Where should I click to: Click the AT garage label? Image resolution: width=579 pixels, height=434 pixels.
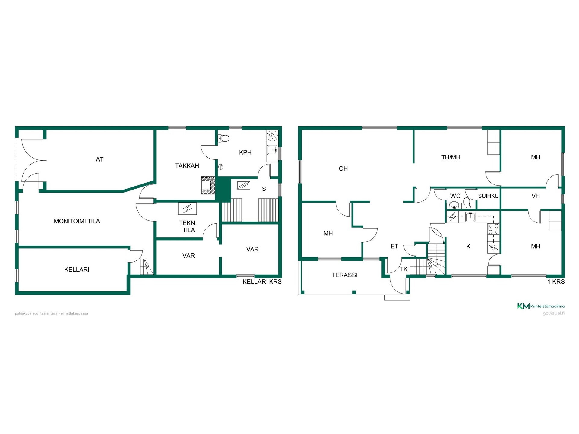tap(100, 159)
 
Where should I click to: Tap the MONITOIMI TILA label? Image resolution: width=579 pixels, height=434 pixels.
tap(77, 221)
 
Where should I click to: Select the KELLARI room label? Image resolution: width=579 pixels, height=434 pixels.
tap(77, 270)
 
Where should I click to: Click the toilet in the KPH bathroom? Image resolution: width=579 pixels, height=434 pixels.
tap(224, 138)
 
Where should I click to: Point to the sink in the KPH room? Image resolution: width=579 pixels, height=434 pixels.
tap(272, 150)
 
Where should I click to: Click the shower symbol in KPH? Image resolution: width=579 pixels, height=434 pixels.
tap(221, 166)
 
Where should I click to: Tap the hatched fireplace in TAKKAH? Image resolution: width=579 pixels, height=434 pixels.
tap(208, 185)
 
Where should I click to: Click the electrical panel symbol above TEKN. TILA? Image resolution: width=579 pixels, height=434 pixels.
tap(187, 208)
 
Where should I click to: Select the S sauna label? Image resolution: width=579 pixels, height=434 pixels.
tap(264, 189)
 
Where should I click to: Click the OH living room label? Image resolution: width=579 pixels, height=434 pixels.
tap(343, 169)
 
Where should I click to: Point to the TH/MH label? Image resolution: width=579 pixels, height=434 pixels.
tap(451, 157)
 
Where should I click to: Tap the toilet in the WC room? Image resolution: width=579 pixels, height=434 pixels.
tap(467, 203)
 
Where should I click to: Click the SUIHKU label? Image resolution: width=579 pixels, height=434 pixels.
tap(488, 196)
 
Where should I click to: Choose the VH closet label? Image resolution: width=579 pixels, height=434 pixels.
tap(536, 196)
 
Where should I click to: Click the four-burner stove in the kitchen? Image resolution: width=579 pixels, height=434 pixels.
tap(493, 229)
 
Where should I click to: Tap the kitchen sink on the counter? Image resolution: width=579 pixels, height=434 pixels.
tap(470, 217)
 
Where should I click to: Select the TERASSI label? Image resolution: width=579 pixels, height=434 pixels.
tap(345, 275)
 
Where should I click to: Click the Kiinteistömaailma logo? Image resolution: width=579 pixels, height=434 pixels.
tap(541, 306)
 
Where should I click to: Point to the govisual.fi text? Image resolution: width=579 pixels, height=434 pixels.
tap(554, 313)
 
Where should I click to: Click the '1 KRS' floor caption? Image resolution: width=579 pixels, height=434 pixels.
tap(556, 282)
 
